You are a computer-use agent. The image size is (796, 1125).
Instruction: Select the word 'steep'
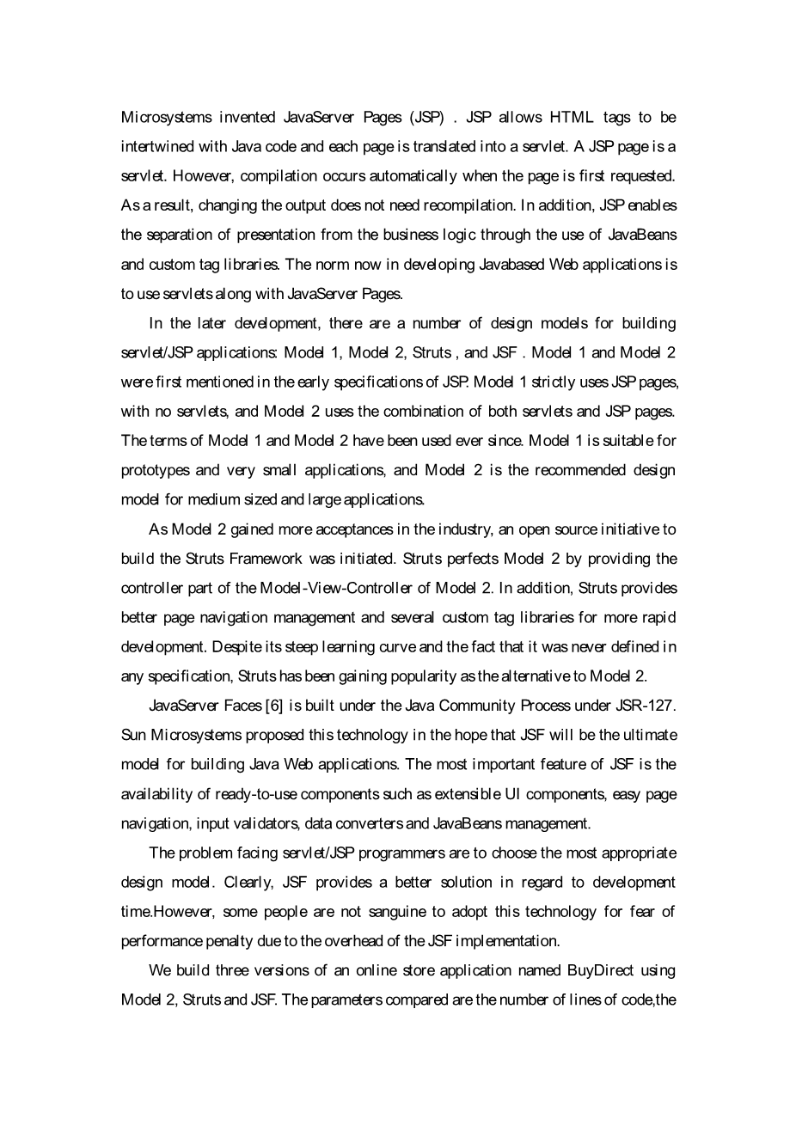coord(324,647)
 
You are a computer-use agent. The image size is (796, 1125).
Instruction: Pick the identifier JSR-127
coord(646,706)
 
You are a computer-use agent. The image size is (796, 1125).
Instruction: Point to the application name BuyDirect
coord(600,970)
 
